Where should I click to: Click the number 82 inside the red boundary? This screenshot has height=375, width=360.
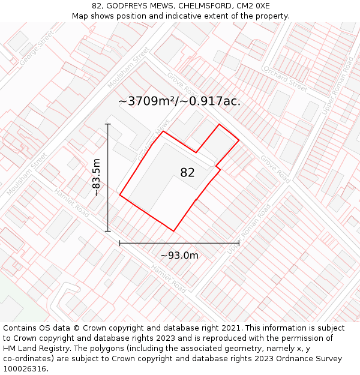187,173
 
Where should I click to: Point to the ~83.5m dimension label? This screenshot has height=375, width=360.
96,178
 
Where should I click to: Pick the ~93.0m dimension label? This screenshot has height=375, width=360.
179,256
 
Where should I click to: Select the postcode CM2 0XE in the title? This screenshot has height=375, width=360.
248,6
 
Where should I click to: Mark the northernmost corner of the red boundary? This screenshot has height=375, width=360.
219,125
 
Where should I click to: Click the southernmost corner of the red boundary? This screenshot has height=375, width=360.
173,231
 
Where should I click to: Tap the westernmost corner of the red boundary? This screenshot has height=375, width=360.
120,195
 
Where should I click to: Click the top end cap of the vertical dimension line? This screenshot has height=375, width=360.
108,124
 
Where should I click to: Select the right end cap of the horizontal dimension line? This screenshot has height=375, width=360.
239,243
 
